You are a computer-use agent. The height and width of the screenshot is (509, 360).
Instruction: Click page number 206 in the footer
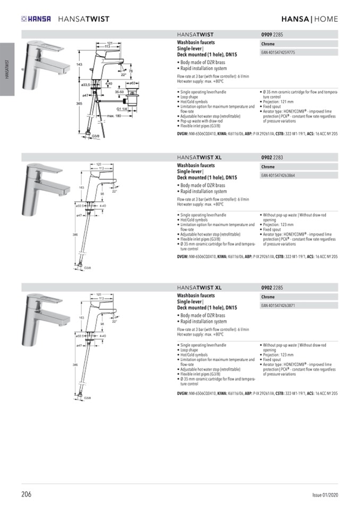point(27,494)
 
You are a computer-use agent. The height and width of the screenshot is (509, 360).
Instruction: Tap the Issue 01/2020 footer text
point(325,495)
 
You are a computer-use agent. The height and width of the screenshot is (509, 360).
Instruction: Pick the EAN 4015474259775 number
point(278,53)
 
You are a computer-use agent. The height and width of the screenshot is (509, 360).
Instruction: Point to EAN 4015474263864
point(278,175)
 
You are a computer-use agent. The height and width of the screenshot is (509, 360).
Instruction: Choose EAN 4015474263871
point(278,306)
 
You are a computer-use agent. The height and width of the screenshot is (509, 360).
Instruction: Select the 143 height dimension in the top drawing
point(79,64)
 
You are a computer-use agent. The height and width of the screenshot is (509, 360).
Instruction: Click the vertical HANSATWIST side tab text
point(7,69)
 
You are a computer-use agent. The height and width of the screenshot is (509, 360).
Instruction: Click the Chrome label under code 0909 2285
point(268,44)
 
